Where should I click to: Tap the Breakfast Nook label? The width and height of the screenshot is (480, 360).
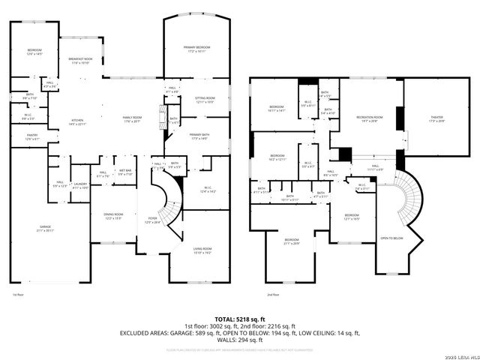[80, 61]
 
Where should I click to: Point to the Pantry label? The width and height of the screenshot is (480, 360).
[31, 137]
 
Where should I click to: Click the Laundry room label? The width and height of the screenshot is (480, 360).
[81, 185]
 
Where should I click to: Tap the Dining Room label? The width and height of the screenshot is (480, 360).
[112, 216]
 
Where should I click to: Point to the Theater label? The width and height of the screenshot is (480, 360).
[436, 118]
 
